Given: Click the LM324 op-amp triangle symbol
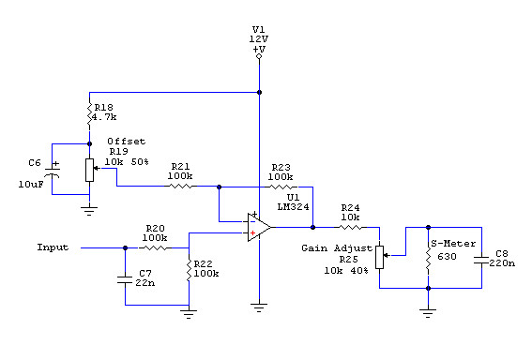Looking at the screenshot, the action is pos(259,227).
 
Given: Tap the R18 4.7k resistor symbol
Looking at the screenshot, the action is pos(89,114).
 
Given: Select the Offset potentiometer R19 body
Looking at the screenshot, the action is pos(89,170).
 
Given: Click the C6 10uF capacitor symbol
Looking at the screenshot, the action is pos(53,172).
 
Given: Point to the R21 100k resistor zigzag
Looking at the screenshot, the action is pos(180,187).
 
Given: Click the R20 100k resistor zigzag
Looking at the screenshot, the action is pos(155,247).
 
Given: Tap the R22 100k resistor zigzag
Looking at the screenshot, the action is pos(189,270).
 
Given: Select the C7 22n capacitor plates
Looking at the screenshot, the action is pos(125,279).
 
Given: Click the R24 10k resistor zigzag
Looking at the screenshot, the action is pos(351,227).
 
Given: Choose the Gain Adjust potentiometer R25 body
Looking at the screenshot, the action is pos(379,257).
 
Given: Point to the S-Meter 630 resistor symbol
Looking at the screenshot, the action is pos(428,259).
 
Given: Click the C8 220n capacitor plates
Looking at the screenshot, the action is pos(481,261).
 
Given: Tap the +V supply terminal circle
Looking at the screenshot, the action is pos(259,56).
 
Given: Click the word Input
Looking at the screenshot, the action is pos(53,247).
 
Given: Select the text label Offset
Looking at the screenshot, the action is pos(127,141).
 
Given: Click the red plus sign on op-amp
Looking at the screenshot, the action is pos(252,232).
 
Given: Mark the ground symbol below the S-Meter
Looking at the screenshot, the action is pos(428,313).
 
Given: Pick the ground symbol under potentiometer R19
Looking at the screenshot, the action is pos(89,211).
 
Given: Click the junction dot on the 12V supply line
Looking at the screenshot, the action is pos(259,92).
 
